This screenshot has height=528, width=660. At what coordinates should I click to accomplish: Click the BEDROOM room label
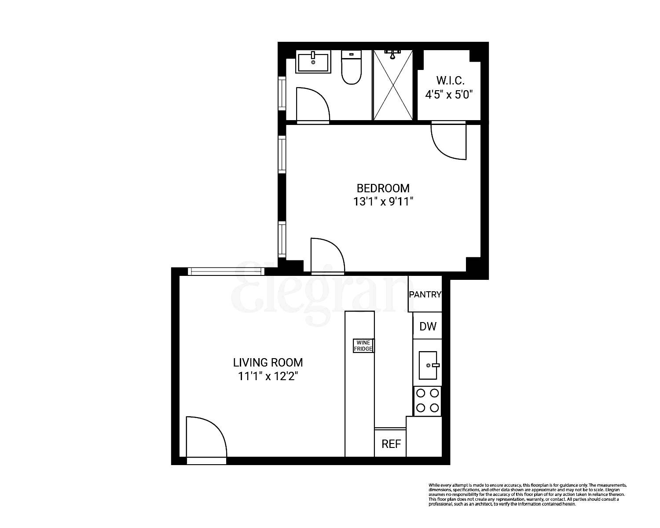pos(383,188)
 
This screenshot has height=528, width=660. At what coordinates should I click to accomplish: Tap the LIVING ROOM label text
pos(268,363)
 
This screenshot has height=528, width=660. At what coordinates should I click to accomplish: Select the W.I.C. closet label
pos(451,81)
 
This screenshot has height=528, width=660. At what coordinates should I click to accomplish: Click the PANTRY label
pos(425,294)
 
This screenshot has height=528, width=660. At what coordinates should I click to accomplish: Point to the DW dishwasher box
pos(428,326)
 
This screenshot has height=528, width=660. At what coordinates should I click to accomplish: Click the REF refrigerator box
pos(391,444)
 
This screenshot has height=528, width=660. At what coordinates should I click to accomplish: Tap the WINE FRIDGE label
pos(364,345)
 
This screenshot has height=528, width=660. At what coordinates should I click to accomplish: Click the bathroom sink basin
pos(313,62)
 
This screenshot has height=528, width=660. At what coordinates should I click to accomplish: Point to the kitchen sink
pos(428,365)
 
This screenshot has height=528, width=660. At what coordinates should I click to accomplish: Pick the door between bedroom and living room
pos(327,255)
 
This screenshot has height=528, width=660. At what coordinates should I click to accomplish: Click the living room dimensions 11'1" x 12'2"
pos(268,377)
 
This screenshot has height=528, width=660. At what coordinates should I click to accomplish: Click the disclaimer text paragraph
pos(528,494)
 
